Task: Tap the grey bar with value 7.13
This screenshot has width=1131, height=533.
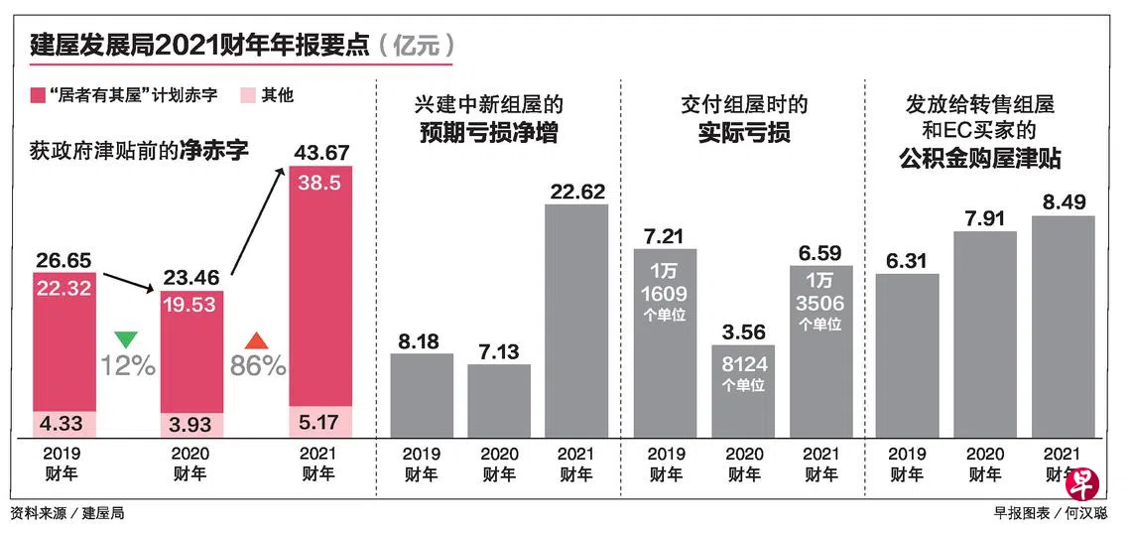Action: point(499,401)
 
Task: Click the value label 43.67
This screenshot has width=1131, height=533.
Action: point(319,153)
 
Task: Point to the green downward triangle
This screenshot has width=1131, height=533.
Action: point(126,338)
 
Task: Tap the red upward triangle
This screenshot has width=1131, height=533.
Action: point(256,339)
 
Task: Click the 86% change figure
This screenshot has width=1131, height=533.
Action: point(258,366)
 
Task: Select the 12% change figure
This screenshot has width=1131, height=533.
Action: point(128,366)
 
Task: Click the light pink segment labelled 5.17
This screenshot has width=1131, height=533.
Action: point(320,421)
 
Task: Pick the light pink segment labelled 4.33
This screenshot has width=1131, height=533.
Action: point(64,424)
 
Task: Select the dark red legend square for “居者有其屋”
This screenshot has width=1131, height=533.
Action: point(39,95)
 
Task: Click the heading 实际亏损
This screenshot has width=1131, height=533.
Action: point(744,134)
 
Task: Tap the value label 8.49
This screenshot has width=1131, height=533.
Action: point(1063,201)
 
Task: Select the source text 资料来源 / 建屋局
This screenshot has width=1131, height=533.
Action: point(67,513)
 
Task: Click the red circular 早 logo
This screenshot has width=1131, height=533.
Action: point(1082,483)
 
